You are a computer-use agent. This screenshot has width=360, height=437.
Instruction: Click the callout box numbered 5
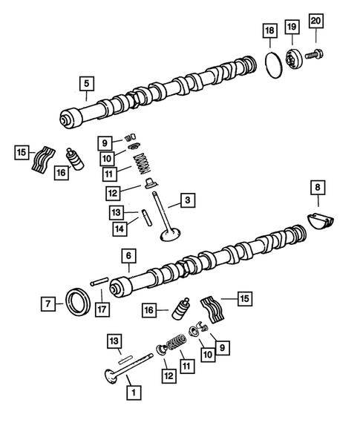point(87,82)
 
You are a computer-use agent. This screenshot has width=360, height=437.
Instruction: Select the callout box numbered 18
point(270,30)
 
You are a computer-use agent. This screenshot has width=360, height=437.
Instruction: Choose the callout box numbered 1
point(133,390)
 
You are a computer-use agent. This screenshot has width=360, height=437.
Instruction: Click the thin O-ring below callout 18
point(274,64)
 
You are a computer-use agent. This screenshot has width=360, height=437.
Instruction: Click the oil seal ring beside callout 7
point(76,303)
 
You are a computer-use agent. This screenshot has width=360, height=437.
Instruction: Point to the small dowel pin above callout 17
point(100,281)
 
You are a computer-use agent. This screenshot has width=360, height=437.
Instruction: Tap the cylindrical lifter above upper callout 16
point(75,158)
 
